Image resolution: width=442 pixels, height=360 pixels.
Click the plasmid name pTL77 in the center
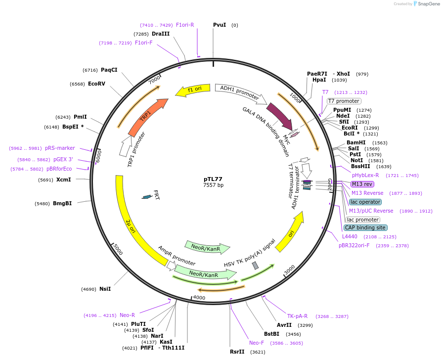pos(213,179)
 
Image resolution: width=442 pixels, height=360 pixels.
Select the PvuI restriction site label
pos(219,25)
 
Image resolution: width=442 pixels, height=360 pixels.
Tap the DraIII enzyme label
pos(161,34)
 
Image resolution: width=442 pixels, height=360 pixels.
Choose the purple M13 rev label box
pos(361,184)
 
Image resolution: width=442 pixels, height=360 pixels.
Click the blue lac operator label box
pos(365,202)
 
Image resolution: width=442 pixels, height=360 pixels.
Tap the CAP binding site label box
pos(365,227)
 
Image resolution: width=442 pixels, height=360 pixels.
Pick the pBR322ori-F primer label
pos(354,245)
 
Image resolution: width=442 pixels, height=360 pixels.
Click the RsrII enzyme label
pos(237,352)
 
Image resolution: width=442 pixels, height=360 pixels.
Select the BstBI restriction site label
pos(272,334)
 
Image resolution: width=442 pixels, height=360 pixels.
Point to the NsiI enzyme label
pos(105,289)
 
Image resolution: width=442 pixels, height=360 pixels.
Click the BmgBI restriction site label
pos(62,203)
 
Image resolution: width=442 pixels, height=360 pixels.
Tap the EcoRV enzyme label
pos(96,84)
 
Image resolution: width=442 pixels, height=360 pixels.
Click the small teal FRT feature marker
pos(147,197)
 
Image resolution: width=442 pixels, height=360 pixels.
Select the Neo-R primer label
pos(127,315)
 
